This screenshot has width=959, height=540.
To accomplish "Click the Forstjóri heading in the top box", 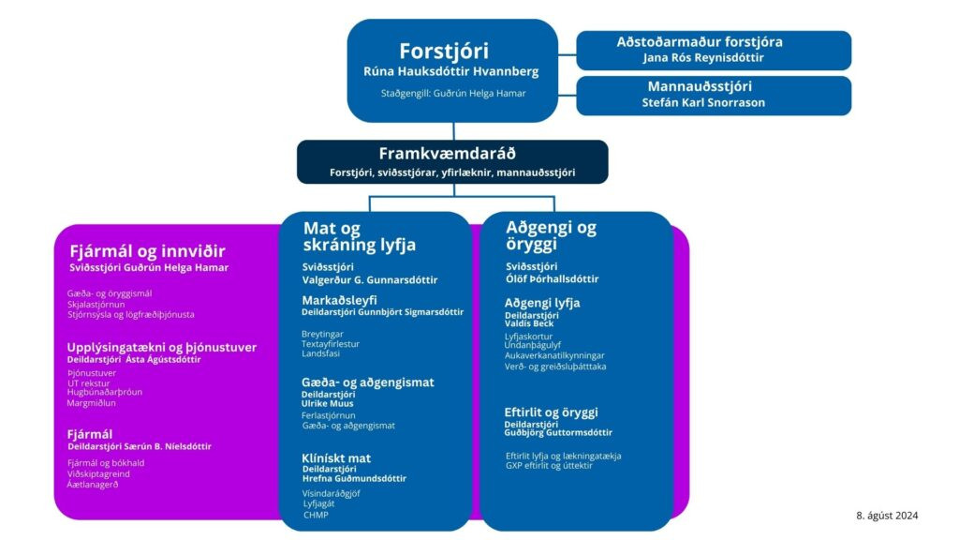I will click(444, 51).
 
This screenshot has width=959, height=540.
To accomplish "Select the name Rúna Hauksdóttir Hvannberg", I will click(451, 71).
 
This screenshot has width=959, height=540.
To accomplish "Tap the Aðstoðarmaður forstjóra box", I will click(713, 50).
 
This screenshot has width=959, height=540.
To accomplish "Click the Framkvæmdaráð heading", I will click(447, 154).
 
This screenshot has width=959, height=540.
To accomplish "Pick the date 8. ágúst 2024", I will click(887, 515).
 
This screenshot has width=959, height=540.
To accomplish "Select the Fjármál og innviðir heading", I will click(147, 250).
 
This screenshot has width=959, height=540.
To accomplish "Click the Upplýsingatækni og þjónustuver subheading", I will click(161, 347).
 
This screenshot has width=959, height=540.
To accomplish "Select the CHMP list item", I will click(315, 514).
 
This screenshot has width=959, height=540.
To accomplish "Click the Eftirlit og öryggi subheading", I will click(551, 412).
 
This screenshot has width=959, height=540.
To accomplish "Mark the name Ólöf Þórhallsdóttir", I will click(552, 278).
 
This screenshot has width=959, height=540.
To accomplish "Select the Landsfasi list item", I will click(321, 353).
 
